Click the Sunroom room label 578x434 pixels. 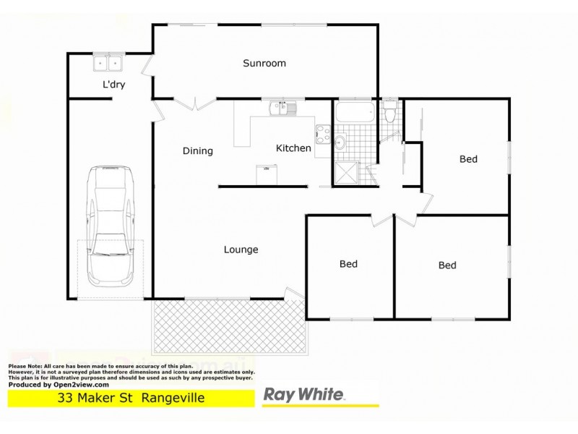point(264,63)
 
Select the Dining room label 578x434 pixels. point(197,151)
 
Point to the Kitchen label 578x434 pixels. point(293,148)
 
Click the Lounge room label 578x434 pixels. point(241,250)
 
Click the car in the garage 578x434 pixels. point(110,225)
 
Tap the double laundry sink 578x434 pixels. point(110,64)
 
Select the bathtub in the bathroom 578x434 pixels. point(354,113)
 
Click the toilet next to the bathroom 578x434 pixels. point(390,112)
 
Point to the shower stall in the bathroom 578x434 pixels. point(346,172)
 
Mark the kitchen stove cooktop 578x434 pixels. point(321,135)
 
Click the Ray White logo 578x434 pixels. point(303,395)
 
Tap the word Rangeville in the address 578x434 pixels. point(173,399)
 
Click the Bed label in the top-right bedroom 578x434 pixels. point(468,159)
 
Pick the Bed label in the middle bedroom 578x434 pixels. point(348,264)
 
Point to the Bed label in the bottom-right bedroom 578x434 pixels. point(447,265)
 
